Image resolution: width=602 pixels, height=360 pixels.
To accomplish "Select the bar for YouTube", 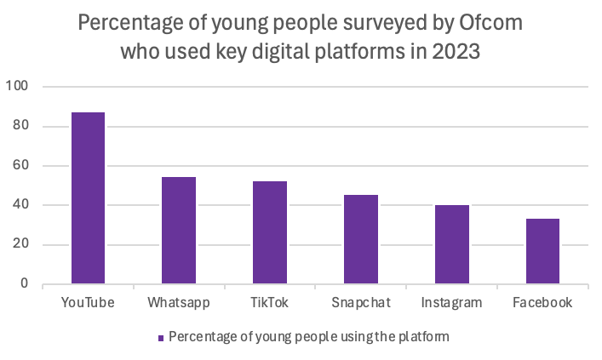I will (88, 198).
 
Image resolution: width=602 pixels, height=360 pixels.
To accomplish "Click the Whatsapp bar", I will (179, 231).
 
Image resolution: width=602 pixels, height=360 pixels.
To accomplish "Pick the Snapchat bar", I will (361, 239).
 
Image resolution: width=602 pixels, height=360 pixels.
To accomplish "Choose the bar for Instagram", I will (452, 244).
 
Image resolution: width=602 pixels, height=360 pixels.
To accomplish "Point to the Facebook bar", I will (542, 251).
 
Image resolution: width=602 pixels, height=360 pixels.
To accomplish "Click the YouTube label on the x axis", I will (89, 302).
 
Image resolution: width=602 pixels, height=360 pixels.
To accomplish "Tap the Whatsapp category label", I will (179, 302).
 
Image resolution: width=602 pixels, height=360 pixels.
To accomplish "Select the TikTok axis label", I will (270, 302).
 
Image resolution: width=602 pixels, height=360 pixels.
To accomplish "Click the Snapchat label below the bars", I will (361, 302).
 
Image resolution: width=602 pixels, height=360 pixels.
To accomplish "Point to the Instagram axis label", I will (452, 302).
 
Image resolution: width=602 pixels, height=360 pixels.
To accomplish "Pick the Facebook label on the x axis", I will (543, 302).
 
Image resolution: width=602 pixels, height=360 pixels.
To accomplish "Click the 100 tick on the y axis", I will (18, 87).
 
